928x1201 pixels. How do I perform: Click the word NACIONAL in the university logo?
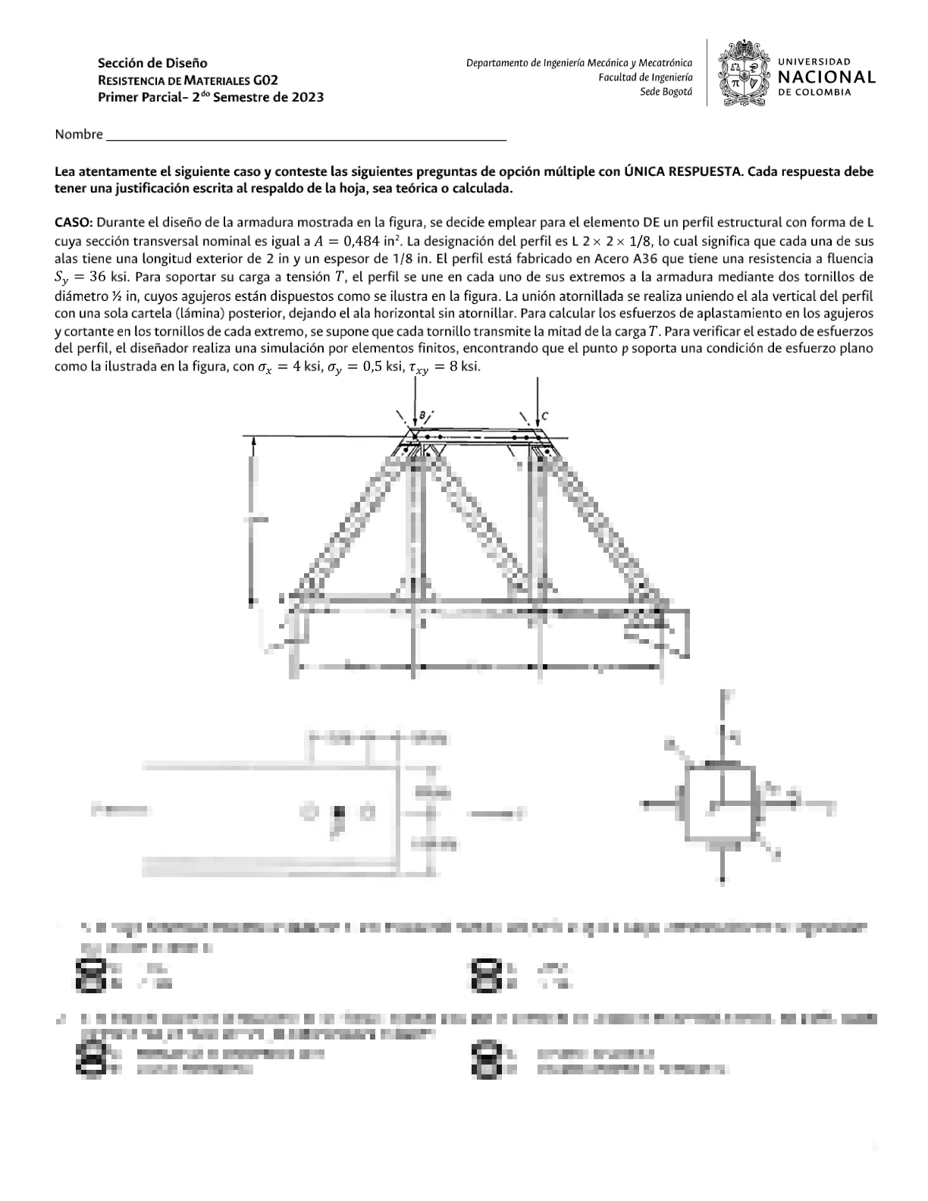[x=827, y=77]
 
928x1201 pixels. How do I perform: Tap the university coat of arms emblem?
[x=745, y=74]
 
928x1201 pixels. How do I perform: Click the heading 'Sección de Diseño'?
[x=152, y=62]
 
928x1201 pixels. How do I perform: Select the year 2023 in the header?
[x=307, y=97]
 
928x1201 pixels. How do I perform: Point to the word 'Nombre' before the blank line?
[x=78, y=135]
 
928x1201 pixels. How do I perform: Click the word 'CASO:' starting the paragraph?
[x=74, y=223]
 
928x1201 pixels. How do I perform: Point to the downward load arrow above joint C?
[x=537, y=402]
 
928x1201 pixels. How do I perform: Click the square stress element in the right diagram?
[x=720, y=804]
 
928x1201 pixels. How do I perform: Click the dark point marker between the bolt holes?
[x=339, y=813]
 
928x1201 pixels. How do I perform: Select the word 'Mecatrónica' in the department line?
[x=664, y=63]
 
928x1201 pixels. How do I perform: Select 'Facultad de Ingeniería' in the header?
[x=645, y=77]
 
